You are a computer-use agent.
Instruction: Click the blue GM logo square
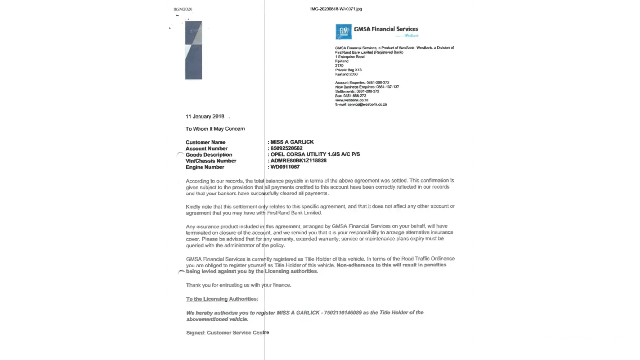point(343,32)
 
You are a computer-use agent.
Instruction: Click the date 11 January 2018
point(205,117)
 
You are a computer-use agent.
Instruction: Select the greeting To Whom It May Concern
point(215,129)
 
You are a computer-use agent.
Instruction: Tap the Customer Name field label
point(206,142)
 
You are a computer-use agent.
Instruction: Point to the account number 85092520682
point(287,148)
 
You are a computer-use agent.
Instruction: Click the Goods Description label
point(209,155)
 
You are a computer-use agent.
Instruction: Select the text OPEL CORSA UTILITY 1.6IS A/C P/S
point(315,154)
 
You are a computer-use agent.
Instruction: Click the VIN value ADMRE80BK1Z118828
point(298,161)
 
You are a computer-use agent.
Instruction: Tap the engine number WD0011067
point(285,167)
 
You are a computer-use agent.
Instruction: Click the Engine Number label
point(205,167)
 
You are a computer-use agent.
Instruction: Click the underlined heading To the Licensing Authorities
point(222,299)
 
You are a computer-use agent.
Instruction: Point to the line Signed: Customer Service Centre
point(227,333)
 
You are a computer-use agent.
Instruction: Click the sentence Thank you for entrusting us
point(238,285)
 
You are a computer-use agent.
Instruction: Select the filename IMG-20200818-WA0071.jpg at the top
point(336,9)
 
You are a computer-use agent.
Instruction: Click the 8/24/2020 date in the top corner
point(183,9)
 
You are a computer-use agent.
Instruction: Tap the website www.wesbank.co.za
point(352,100)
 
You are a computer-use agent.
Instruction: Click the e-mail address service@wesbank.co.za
point(367,104)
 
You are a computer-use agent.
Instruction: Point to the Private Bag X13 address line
point(348,70)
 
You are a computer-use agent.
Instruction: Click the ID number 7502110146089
point(343,312)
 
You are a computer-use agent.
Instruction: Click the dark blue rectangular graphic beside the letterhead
point(194,50)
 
